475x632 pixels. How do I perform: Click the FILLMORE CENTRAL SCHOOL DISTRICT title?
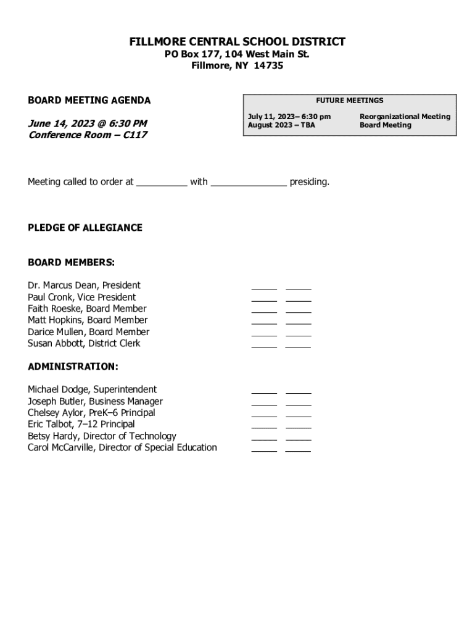[x=238, y=42]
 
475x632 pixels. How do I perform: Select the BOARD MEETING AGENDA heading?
[x=89, y=101]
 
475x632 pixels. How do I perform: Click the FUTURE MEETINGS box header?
[x=350, y=100]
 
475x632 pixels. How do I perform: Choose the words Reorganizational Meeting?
[x=405, y=117]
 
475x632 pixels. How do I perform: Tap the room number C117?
[x=135, y=135]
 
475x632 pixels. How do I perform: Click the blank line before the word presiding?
[x=249, y=183]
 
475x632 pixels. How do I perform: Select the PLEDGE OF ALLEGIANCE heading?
[x=85, y=228]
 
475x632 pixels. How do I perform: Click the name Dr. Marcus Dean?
[x=63, y=285]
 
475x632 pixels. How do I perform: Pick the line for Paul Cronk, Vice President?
[x=82, y=297]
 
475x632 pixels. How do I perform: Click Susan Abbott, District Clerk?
[x=84, y=343]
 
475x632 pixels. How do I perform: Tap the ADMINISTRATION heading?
[x=73, y=367]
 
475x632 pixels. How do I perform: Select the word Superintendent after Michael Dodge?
[x=127, y=389]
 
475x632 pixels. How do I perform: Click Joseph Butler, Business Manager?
[x=95, y=401]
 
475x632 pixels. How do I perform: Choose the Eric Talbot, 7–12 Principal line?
[x=81, y=424]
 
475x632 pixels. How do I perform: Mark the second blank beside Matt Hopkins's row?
[x=299, y=322]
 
